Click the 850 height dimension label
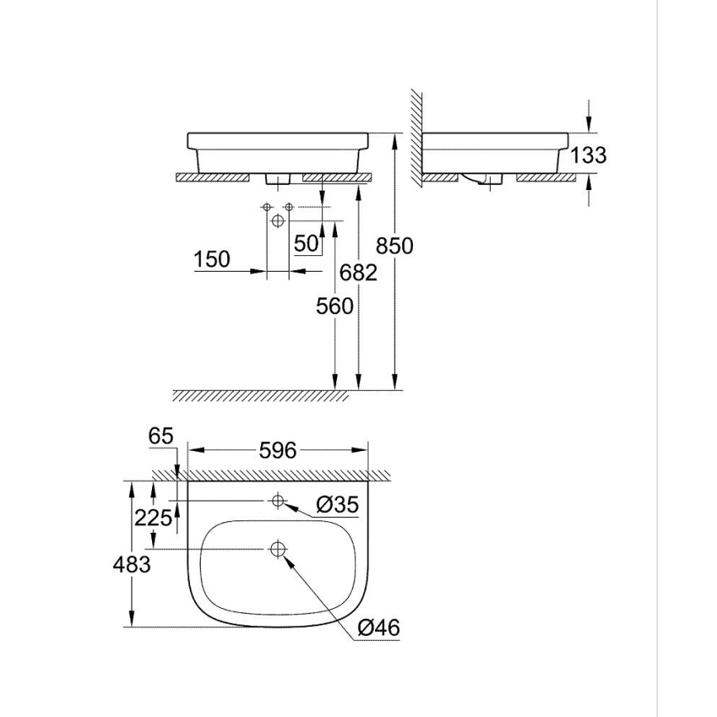click(x=394, y=245)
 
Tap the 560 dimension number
click(x=335, y=306)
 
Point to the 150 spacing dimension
click(x=211, y=259)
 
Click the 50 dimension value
click(x=306, y=244)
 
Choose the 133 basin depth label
click(x=588, y=154)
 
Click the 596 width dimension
click(x=278, y=450)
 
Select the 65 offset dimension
click(x=163, y=436)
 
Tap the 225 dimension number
click(x=154, y=518)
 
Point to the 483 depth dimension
click(x=133, y=565)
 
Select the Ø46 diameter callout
click(x=379, y=629)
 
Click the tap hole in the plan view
click(x=278, y=500)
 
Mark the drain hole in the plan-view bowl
click(x=278, y=548)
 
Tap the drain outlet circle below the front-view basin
click(x=278, y=221)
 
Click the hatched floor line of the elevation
click(x=260, y=395)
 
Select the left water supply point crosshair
click(x=266, y=206)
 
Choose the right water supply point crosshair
click(x=289, y=206)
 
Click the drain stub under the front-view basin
click(x=278, y=178)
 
